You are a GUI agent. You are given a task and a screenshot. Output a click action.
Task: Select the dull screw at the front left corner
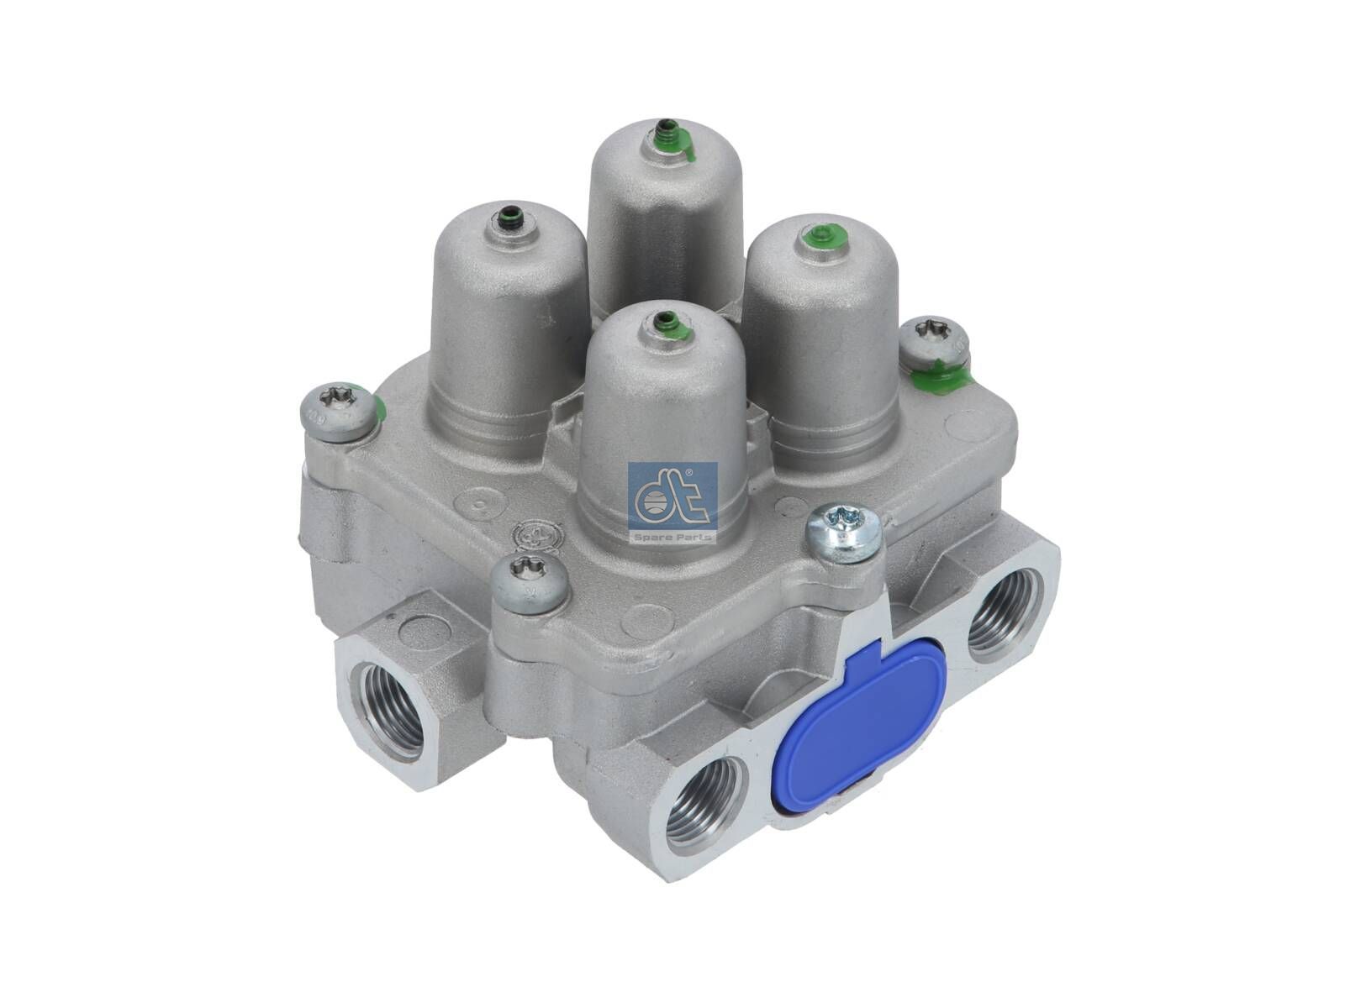pos(530,580)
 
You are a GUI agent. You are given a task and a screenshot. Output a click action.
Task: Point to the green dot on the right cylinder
pos(814,239)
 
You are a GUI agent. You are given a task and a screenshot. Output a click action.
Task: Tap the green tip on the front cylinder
pos(668,322)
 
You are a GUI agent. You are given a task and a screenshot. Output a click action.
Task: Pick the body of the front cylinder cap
pos(664,428)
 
